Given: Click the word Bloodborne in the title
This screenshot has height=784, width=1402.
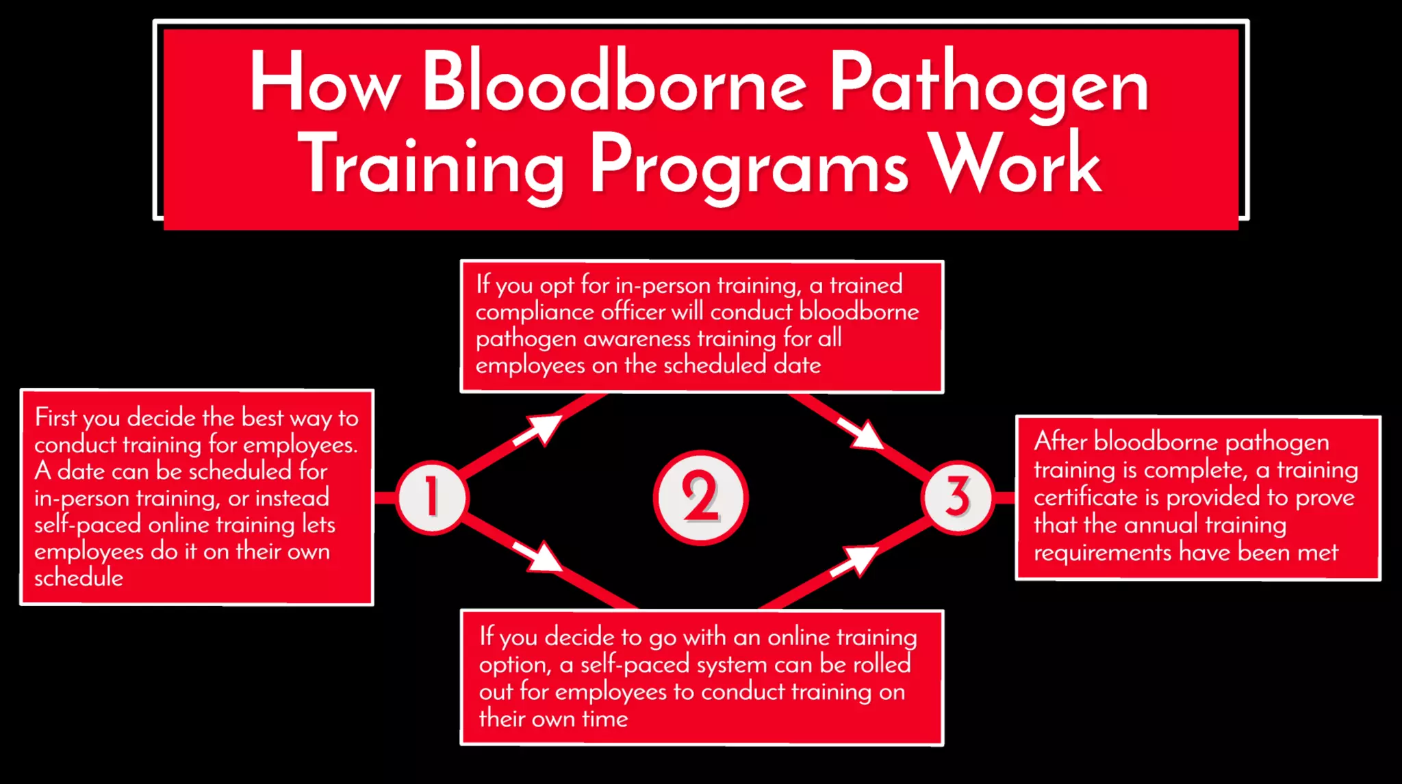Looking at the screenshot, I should (614, 82).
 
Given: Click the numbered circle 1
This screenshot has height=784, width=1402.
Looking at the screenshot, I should (432, 497).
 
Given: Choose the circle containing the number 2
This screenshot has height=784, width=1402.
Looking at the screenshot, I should (700, 497).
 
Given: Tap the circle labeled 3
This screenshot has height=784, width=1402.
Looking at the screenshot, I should (958, 497).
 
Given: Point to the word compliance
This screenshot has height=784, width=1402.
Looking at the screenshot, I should (535, 312).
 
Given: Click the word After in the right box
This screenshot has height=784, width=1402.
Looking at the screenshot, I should (1061, 442).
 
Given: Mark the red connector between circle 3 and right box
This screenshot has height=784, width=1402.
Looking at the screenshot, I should (1004, 497).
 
